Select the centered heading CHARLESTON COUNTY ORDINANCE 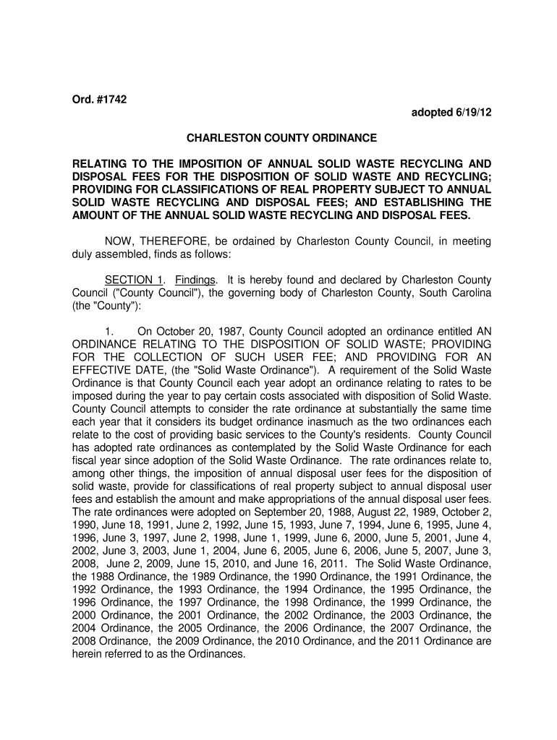pyautogui.click(x=281, y=137)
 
